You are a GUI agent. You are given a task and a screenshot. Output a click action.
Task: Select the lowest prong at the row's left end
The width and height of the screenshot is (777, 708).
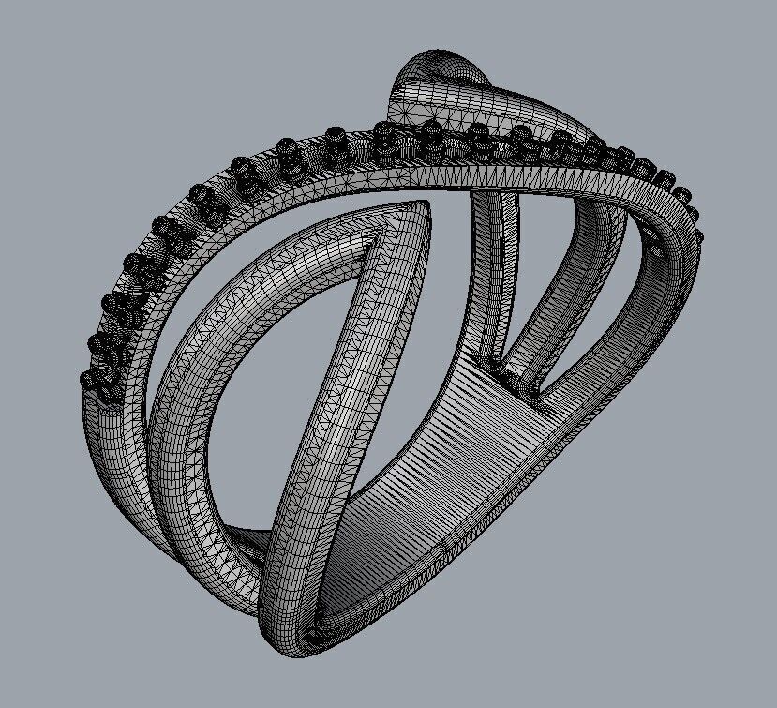pos(91,380)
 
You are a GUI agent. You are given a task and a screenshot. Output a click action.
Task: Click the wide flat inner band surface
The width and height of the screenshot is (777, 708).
pos(441,450)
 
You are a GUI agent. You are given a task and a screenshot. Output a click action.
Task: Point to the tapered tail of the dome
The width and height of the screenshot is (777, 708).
pos(562,122)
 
